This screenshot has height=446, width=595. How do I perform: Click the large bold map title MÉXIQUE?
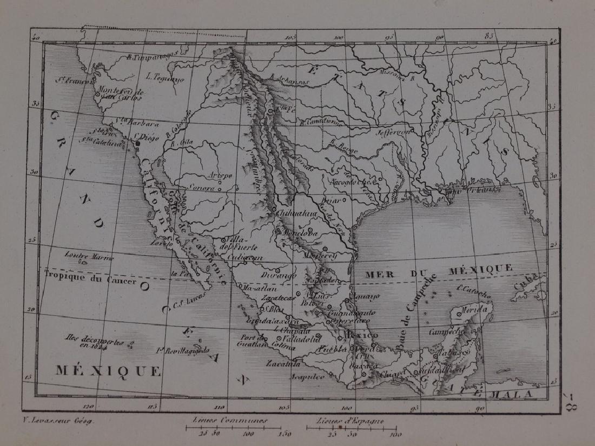click(108, 371)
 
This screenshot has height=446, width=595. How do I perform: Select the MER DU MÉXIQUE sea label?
click(438, 269)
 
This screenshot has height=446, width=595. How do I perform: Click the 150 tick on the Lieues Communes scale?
click(284, 434)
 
